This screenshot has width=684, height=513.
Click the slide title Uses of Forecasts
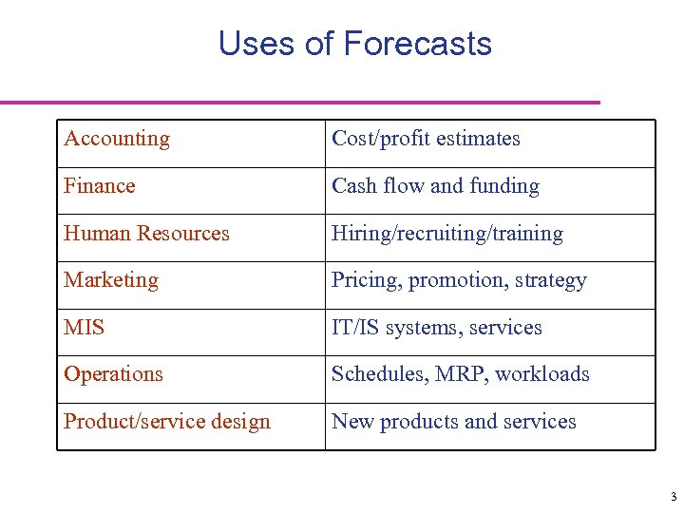pos(354,44)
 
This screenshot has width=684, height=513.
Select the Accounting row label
pos(117,139)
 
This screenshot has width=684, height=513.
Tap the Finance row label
pos(100,186)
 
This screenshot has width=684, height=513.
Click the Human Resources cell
pos(146,234)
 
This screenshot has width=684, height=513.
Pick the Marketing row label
pos(111,280)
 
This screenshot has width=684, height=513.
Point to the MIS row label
pos(85,328)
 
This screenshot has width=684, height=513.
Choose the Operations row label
pos(113,374)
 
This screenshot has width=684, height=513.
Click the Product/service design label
pos(167,422)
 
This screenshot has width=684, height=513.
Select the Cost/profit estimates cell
pos(426,139)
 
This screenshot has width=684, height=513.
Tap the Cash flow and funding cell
pos(435,186)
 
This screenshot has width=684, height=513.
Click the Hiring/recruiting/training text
pos(446,234)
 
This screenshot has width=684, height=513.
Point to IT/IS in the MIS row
pos(355,328)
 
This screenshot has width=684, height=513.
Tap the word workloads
pos(542,374)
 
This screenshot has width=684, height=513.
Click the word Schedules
pos(377,374)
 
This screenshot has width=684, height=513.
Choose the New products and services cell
pos(453,422)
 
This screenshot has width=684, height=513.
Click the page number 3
pos(673,497)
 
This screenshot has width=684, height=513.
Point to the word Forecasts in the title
pos(417,44)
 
